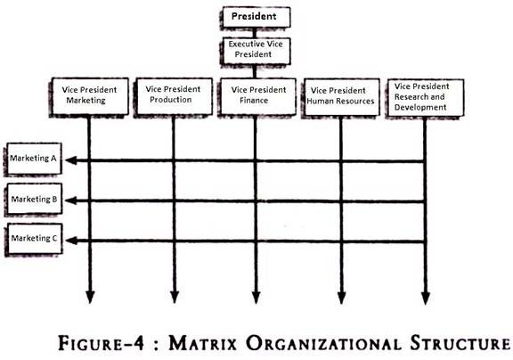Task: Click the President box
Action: click(x=256, y=17)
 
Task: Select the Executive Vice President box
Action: click(x=256, y=51)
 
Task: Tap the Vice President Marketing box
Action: click(x=90, y=96)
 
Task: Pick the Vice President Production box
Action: click(x=174, y=96)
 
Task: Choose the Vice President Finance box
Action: click(x=257, y=96)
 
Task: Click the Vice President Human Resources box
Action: click(x=342, y=97)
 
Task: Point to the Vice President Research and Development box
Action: click(x=426, y=97)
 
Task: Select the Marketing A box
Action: click(x=34, y=159)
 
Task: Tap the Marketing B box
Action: click(x=35, y=199)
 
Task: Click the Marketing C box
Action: click(x=35, y=239)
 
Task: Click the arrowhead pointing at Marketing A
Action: click(x=71, y=160)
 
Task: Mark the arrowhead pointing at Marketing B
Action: click(x=71, y=200)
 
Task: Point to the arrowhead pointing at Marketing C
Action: click(x=71, y=241)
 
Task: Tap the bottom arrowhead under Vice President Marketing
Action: click(x=90, y=297)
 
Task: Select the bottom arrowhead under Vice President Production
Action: click(x=175, y=297)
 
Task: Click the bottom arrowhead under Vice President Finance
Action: click(x=256, y=297)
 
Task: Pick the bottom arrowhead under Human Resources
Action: click(x=342, y=298)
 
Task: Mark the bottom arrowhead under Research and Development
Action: click(x=426, y=298)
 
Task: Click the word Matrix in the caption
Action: click(x=202, y=344)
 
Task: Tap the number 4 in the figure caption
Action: click(x=138, y=344)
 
